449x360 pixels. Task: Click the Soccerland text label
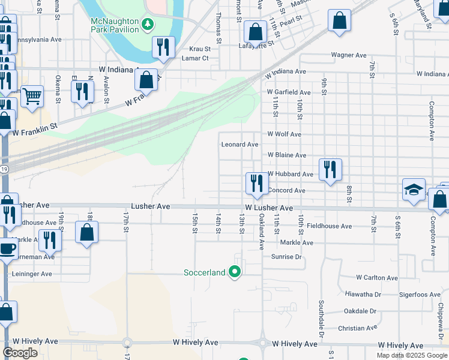click(x=204, y=272)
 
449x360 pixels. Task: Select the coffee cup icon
click(x=8, y=248)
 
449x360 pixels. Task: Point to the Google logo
click(x=20, y=353)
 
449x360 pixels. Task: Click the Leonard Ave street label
click(x=240, y=145)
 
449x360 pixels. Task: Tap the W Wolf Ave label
click(x=284, y=134)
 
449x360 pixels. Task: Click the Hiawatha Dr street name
click(x=363, y=294)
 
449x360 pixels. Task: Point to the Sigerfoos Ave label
click(x=418, y=295)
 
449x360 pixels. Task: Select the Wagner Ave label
click(x=349, y=55)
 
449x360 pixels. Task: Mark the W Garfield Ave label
click(x=289, y=92)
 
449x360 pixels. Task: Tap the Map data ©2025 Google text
click(x=411, y=355)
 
